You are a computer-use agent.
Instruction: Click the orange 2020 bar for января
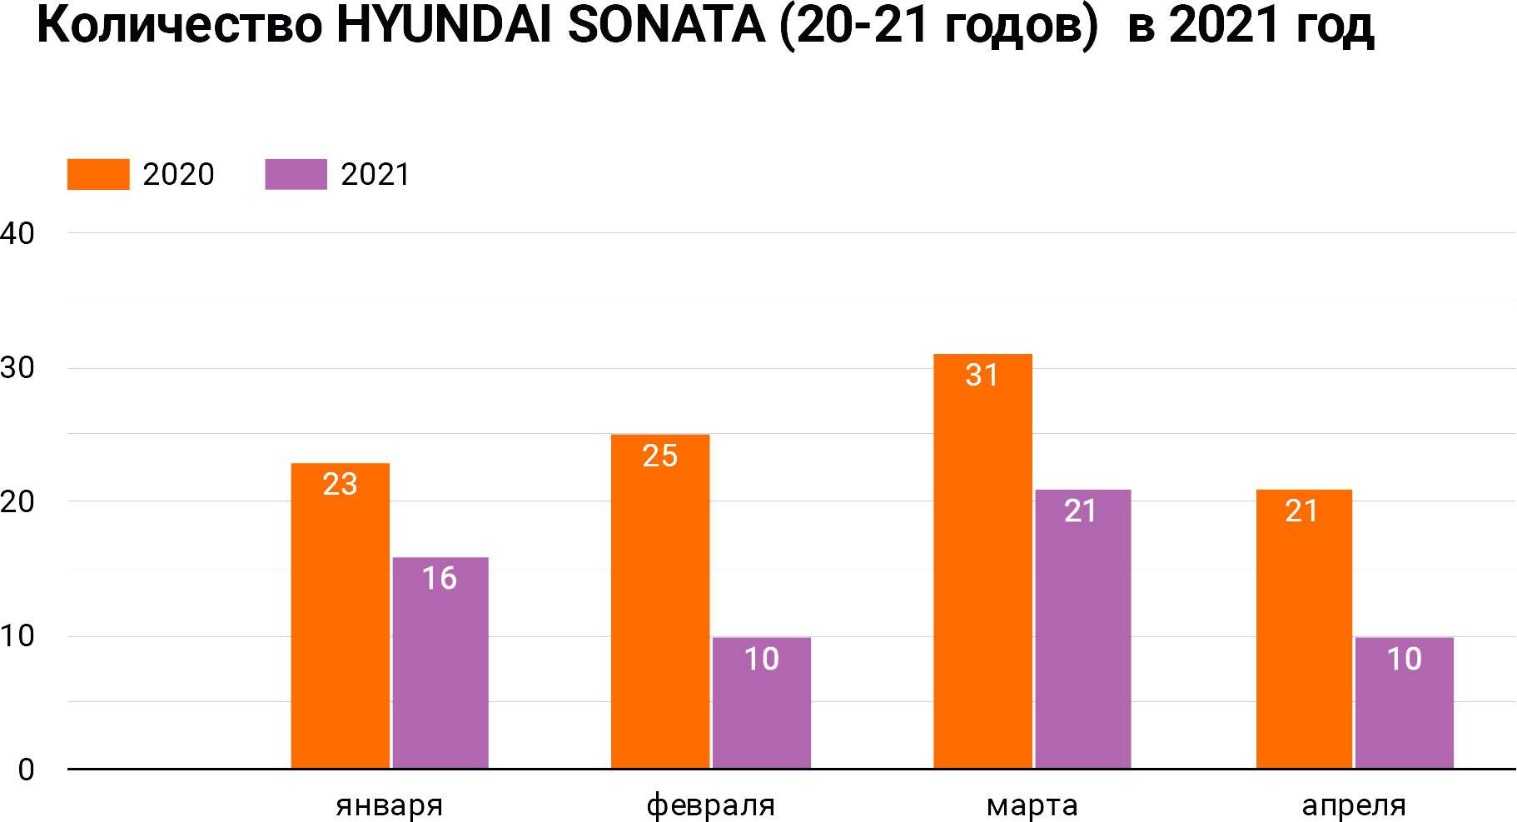pos(340,616)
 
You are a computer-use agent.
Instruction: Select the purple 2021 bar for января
pos(440,663)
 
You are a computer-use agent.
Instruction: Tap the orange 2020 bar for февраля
pos(660,601)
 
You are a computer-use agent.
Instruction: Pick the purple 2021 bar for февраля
pos(761,703)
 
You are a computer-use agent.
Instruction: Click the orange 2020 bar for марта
pos(982,561)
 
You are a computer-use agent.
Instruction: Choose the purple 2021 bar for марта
pos(1082,629)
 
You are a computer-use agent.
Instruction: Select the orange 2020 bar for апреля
pos(1304,629)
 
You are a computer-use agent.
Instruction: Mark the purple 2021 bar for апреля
pos(1404,703)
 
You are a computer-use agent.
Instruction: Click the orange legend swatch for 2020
pos(98,175)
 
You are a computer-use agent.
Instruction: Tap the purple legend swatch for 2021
pos(296,175)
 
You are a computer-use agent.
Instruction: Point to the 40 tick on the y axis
pos(17,234)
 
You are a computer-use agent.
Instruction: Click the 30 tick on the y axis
pos(17,368)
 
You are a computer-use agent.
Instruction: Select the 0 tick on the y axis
pos(26,770)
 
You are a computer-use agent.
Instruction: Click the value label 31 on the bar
pos(982,376)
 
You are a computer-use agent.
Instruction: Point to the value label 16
pos(440,578)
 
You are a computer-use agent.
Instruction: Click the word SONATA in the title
pos(666,27)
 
